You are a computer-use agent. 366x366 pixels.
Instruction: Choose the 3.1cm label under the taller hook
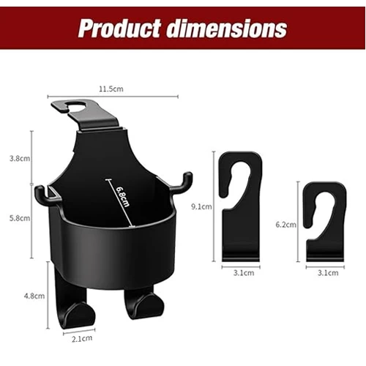click(242, 273)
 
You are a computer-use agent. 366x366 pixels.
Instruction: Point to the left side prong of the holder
click(41, 193)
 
